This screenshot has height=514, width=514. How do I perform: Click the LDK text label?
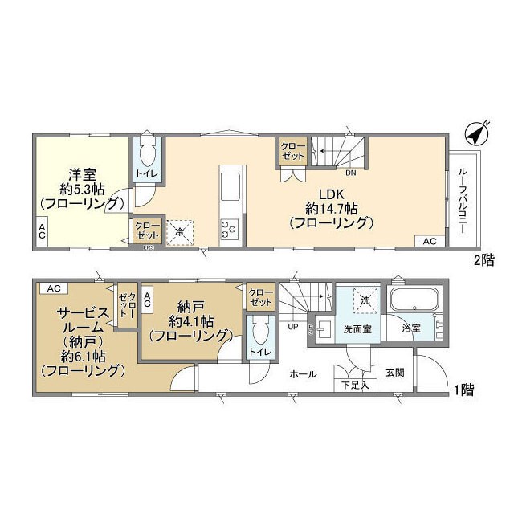coord(332,193)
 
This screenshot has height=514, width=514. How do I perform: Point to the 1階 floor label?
coord(463,391)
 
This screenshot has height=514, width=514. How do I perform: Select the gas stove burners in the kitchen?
coord(229,229)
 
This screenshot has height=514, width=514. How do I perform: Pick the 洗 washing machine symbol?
coord(365,300)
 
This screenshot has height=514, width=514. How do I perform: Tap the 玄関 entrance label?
coord(395,373)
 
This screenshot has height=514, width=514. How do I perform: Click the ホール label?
coord(303,374)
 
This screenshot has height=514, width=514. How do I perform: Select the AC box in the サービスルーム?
coord(52,288)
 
